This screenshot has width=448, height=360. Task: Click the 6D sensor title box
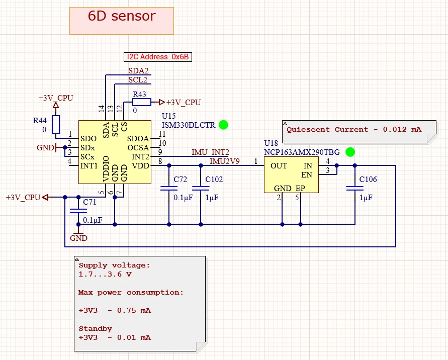(121, 21)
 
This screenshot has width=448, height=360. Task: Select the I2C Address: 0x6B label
(158, 57)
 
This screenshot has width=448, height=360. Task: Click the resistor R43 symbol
(142, 103)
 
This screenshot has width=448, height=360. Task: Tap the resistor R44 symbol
(56, 124)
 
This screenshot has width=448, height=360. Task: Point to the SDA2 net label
(138, 71)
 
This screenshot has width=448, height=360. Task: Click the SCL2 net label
(138, 80)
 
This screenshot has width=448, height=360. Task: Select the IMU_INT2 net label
(210, 152)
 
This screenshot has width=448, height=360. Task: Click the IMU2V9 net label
(225, 161)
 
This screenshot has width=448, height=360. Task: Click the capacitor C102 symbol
(201, 189)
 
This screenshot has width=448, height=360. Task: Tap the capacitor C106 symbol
(355, 189)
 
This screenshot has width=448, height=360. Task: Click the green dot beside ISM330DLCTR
(224, 125)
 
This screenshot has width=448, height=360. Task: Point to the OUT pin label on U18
(279, 166)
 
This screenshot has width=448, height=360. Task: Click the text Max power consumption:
(131, 292)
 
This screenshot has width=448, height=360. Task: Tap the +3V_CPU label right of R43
(184, 103)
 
